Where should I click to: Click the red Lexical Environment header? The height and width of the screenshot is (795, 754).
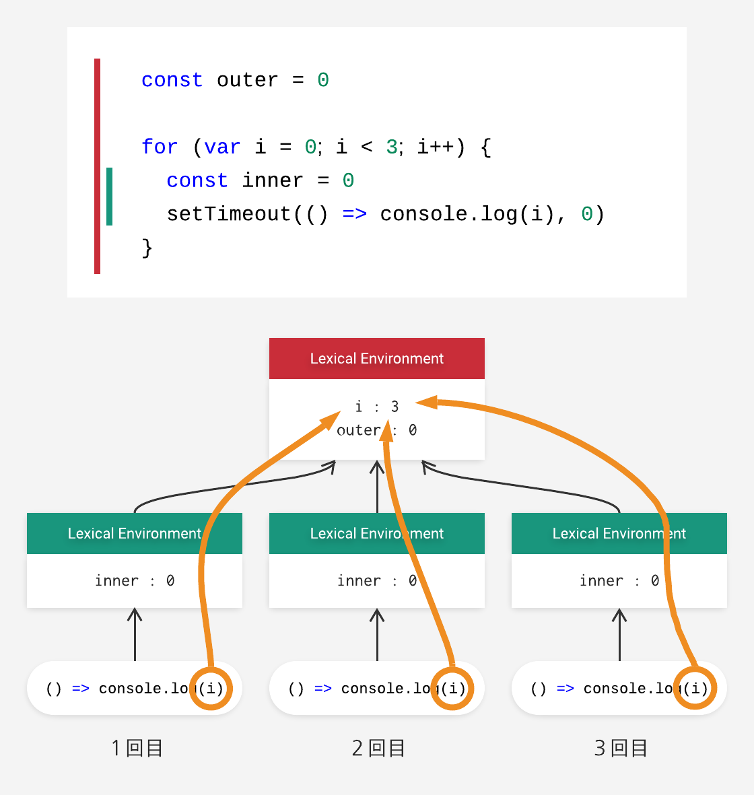pyautogui.click(x=377, y=359)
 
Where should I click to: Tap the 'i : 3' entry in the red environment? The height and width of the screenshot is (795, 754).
pyautogui.click(x=377, y=407)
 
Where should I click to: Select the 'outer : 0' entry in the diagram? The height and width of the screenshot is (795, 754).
pyautogui.click(x=377, y=430)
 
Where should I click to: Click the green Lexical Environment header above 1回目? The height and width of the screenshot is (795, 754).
pyautogui.click(x=135, y=533)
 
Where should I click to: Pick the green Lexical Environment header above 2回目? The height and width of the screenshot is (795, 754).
pyautogui.click(x=377, y=533)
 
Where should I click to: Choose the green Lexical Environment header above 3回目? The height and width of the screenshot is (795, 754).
pyautogui.click(x=619, y=533)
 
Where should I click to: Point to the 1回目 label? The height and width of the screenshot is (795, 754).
pyautogui.click(x=137, y=749)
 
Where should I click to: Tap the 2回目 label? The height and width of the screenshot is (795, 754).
pyautogui.click(x=378, y=749)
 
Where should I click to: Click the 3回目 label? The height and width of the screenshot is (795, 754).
pyautogui.click(x=621, y=749)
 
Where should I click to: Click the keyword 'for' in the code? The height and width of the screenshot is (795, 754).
pyautogui.click(x=160, y=147)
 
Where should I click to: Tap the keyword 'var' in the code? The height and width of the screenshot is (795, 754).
pyautogui.click(x=222, y=147)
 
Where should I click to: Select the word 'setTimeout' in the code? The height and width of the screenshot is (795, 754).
pyautogui.click(x=229, y=214)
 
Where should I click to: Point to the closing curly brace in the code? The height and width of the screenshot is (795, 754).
pyautogui.click(x=147, y=248)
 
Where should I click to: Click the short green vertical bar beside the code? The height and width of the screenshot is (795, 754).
pyautogui.click(x=109, y=196)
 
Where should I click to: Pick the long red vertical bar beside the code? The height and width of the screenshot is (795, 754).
pyautogui.click(x=98, y=166)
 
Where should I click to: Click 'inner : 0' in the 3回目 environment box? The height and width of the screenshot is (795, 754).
pyautogui.click(x=619, y=580)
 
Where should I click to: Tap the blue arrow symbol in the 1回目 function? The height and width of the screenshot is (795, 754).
pyautogui.click(x=81, y=689)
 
